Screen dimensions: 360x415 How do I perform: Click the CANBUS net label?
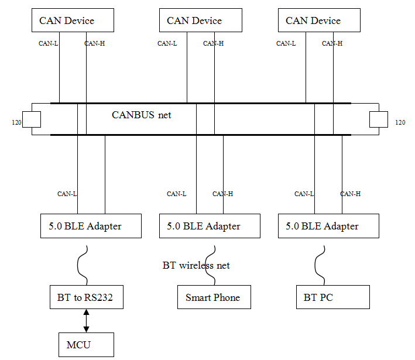click(142, 115)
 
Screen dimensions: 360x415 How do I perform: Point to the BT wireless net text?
click(196, 266)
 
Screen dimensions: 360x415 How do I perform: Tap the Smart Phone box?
click(213, 297)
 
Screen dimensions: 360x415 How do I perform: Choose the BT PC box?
click(332, 297)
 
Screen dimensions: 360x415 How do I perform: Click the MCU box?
click(86, 345)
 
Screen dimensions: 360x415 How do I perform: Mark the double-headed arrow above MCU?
click(87, 321)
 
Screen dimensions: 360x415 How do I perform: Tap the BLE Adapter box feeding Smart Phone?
click(210, 226)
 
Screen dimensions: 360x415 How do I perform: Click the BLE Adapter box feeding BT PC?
click(328, 226)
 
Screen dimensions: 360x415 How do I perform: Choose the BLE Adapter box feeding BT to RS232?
click(91, 226)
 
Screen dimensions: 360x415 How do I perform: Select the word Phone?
click(227, 297)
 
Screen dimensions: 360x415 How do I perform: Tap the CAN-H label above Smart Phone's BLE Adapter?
click(222, 194)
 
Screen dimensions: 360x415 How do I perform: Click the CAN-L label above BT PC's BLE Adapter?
click(304, 194)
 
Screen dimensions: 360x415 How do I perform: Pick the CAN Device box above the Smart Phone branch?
click(200, 20)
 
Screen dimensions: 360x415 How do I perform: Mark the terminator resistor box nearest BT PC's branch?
click(379, 119)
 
